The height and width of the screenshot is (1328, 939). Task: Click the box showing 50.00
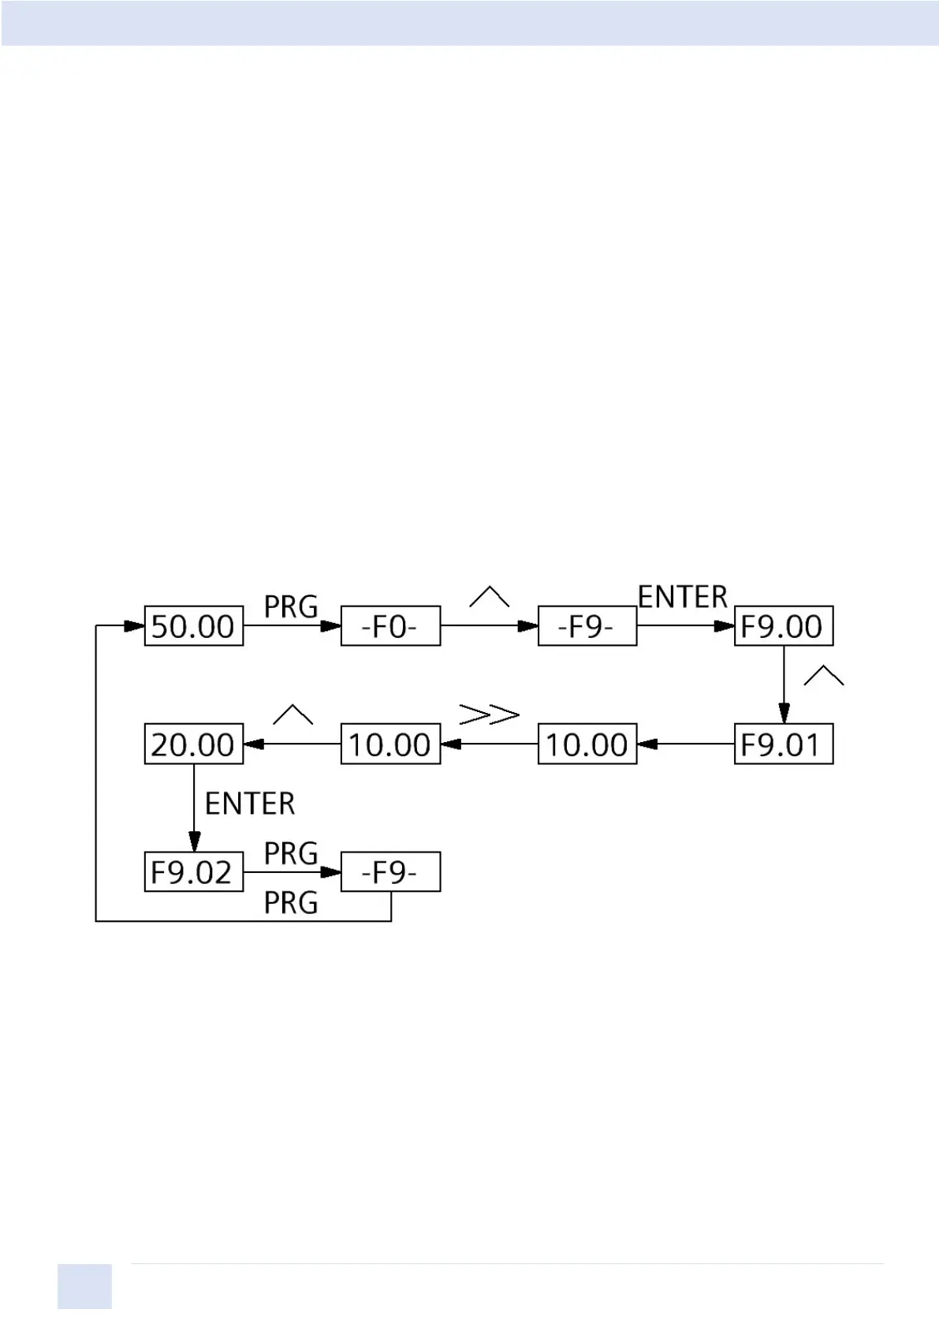[x=193, y=626]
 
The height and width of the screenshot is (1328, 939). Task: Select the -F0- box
[x=390, y=626]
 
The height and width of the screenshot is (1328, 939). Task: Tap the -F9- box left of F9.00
[x=587, y=626]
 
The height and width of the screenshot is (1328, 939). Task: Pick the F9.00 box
[x=783, y=626]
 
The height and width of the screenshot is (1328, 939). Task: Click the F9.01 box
[x=783, y=744]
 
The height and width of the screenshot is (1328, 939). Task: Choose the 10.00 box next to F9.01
[x=587, y=744]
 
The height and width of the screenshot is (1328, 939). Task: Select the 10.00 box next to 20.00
[x=390, y=744]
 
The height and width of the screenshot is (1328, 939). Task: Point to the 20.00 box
[x=193, y=744]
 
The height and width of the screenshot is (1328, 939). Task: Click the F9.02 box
[x=193, y=872]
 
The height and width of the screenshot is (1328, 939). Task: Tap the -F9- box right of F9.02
[x=390, y=872]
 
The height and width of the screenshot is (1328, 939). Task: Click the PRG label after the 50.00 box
[x=291, y=607]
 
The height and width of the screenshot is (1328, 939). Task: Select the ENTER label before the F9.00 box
[x=682, y=597]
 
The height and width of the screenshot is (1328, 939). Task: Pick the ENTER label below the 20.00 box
[x=250, y=804]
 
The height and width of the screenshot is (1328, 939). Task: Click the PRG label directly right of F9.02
[x=291, y=853]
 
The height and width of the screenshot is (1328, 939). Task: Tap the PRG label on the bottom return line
[x=291, y=903]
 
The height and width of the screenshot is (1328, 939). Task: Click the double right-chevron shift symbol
[x=489, y=714]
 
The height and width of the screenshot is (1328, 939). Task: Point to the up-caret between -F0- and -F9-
[x=489, y=597]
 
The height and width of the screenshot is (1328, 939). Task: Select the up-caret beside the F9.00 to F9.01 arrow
[x=823, y=676]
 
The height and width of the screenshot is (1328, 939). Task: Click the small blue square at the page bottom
[x=84, y=1287]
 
